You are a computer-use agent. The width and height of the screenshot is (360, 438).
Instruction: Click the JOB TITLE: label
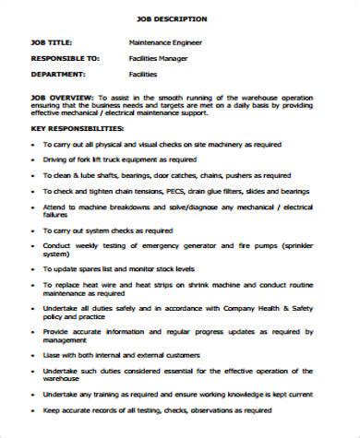54,41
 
